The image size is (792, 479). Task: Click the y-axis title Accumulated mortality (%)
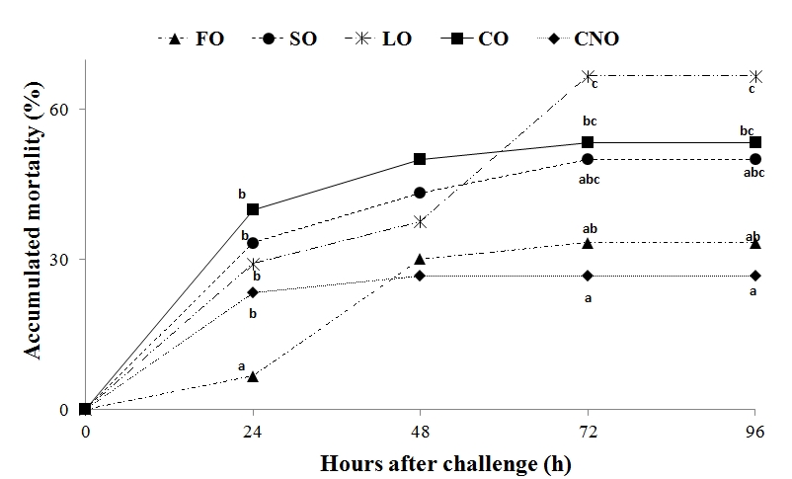click(33, 234)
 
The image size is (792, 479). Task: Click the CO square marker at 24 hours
click(253, 209)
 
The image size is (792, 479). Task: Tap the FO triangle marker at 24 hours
click(253, 376)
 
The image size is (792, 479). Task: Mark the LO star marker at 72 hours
click(588, 76)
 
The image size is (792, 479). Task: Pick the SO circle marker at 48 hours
click(420, 193)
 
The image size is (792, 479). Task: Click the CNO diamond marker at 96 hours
click(755, 276)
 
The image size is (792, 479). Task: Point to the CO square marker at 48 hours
click(420, 159)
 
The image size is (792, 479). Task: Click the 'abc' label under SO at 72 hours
click(590, 179)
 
